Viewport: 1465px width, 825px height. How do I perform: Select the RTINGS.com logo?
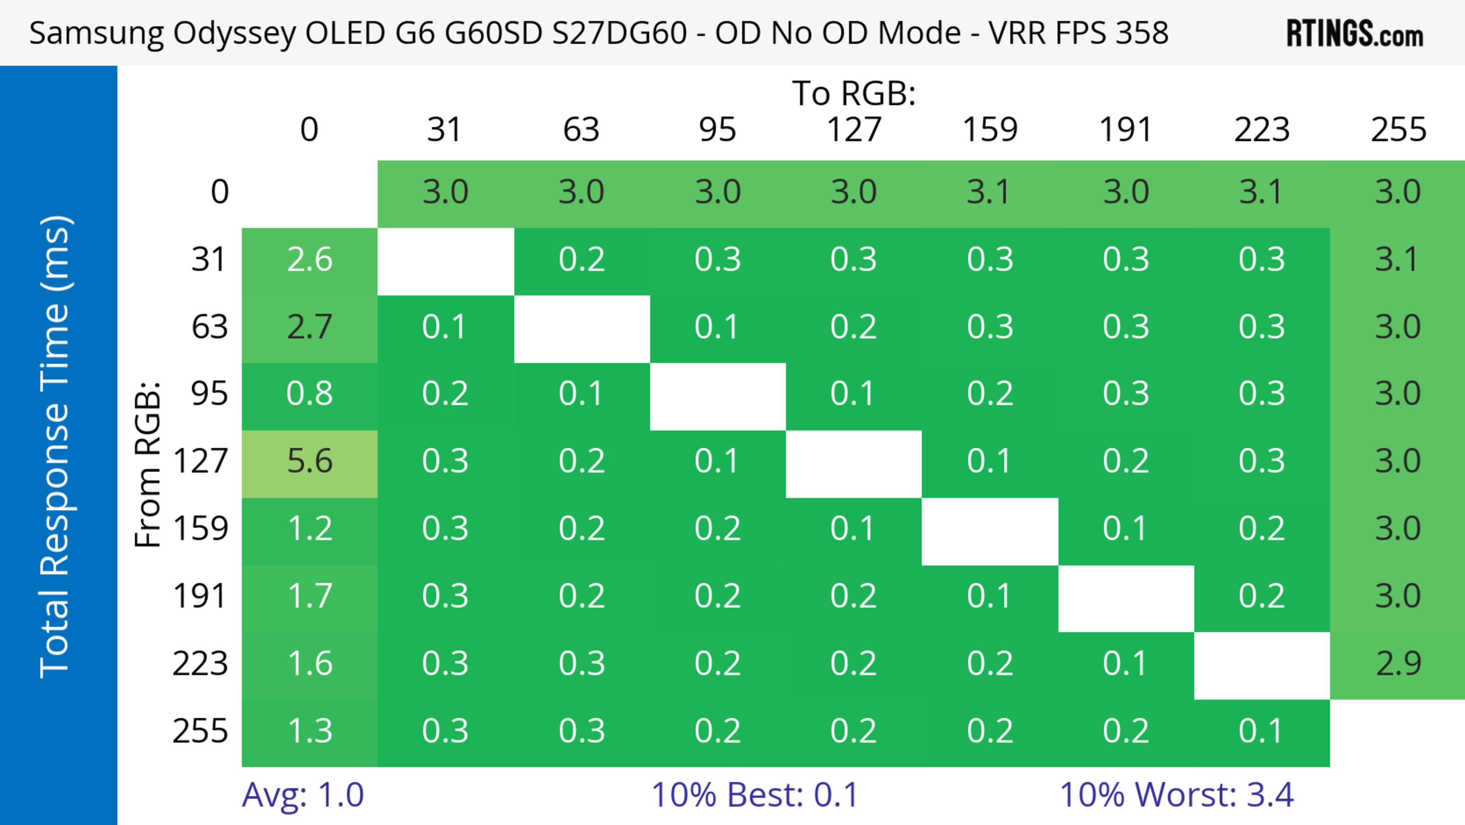tap(1355, 34)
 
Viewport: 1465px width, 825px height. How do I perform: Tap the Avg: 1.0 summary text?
tap(303, 795)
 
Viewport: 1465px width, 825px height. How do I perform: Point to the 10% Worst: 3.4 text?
tap(1176, 795)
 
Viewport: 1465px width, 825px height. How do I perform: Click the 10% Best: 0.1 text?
tap(754, 795)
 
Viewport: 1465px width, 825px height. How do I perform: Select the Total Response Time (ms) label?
tap(56, 447)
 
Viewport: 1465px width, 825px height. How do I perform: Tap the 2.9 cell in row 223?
tap(1398, 664)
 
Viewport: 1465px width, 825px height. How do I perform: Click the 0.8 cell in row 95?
tap(309, 394)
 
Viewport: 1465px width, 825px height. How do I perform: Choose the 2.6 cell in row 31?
tap(309, 260)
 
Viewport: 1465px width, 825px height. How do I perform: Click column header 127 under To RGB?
tap(854, 130)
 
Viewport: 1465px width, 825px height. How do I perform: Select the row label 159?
tap(200, 529)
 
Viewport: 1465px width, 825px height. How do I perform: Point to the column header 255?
tap(1398, 130)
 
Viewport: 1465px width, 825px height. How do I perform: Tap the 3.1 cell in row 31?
tap(1398, 260)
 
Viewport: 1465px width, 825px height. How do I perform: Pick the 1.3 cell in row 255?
tap(309, 731)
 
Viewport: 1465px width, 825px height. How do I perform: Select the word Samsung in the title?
tap(97, 33)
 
